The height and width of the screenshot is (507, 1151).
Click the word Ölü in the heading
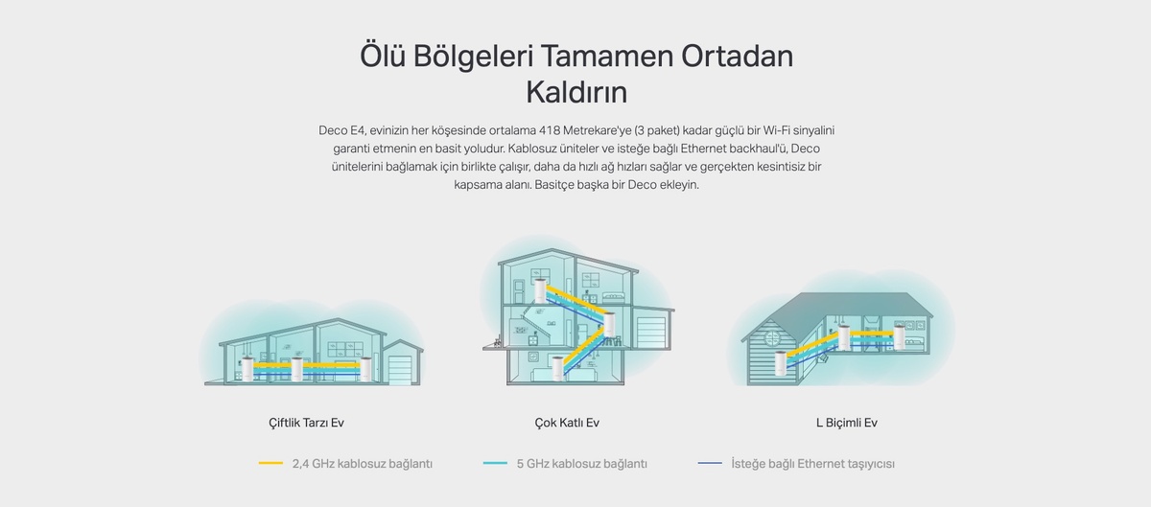click(383, 56)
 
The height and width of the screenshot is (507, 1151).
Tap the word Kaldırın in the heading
click(576, 92)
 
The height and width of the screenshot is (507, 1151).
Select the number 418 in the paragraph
click(550, 130)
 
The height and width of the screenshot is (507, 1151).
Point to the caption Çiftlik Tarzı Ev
click(306, 423)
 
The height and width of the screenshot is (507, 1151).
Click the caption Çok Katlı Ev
click(567, 423)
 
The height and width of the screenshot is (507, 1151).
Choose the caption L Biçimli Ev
click(847, 423)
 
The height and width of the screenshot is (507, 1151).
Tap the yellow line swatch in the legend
click(270, 463)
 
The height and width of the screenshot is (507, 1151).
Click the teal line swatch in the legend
click(495, 463)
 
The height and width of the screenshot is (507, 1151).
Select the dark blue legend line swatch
click(710, 463)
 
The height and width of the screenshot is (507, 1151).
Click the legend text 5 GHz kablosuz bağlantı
click(581, 464)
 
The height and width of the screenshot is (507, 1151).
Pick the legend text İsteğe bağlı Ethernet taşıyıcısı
click(813, 464)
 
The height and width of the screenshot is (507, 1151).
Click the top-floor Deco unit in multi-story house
click(540, 290)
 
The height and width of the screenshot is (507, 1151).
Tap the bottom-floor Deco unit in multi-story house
click(558, 368)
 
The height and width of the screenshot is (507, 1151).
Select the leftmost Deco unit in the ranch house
click(247, 369)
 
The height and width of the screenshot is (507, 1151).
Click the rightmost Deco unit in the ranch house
click(365, 369)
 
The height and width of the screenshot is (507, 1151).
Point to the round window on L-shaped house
click(773, 338)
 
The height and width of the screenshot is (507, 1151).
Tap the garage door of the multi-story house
click(651, 332)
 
